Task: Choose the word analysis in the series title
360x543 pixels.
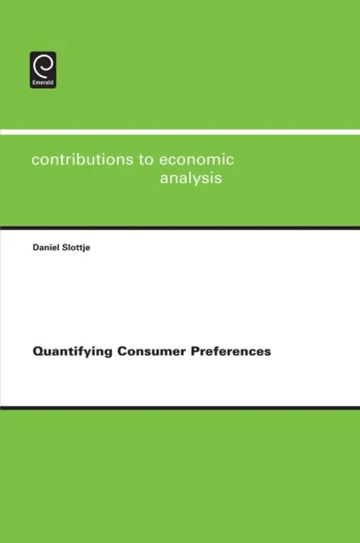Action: (192, 179)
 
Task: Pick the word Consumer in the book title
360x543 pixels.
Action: (140, 351)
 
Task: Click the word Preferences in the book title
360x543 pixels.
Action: (223, 351)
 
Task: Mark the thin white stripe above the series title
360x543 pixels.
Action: (180, 132)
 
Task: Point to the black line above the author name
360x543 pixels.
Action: (180, 227)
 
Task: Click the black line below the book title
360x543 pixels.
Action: (180, 408)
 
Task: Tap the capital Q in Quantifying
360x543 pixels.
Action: (37, 350)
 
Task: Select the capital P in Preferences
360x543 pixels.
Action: (179, 350)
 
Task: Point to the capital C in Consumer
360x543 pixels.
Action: (114, 350)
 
